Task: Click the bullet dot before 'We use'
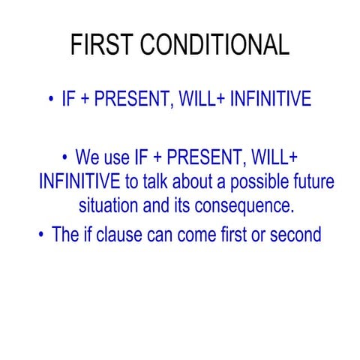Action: pyautogui.click(x=65, y=158)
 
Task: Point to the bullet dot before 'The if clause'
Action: pyautogui.click(x=41, y=235)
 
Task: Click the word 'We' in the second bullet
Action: pyautogui.click(x=88, y=158)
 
